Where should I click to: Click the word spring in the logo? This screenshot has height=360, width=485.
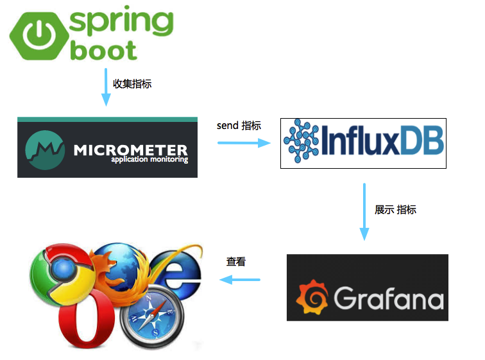[x=121, y=22]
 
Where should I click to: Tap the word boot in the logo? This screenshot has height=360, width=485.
[x=103, y=50]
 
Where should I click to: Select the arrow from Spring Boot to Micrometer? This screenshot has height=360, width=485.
[x=106, y=87]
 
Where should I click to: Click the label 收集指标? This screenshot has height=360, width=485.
[x=132, y=83]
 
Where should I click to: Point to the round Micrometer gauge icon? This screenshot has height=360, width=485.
[x=45, y=150]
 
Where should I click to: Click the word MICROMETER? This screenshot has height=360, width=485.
[x=130, y=150]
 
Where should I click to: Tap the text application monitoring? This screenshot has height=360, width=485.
[x=149, y=160]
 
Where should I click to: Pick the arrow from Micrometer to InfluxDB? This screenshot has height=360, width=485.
[x=244, y=142]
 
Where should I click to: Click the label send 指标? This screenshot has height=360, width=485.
[x=239, y=126]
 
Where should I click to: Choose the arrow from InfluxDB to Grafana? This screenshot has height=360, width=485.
[x=364, y=212]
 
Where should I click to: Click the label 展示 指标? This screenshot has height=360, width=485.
[x=395, y=209]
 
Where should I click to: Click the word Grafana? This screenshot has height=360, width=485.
[x=388, y=298]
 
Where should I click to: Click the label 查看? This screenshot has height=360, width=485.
[x=235, y=262]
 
